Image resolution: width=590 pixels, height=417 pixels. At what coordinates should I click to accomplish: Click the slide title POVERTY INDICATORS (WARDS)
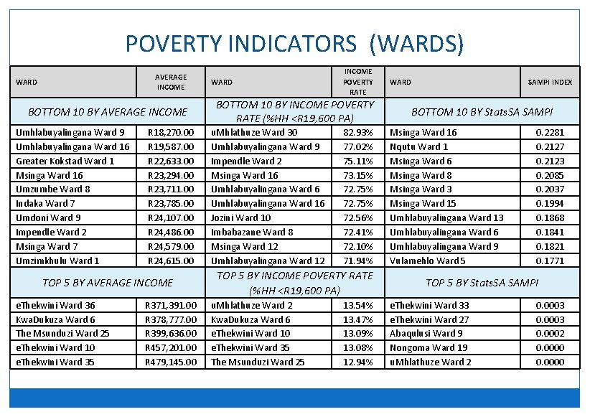click(294, 44)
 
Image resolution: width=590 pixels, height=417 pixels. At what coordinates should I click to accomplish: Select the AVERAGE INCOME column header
click(171, 82)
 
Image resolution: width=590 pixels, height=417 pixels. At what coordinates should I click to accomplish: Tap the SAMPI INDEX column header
click(550, 83)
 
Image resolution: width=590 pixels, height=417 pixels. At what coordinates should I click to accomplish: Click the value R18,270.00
click(171, 132)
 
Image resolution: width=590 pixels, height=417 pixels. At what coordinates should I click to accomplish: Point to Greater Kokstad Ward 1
click(65, 161)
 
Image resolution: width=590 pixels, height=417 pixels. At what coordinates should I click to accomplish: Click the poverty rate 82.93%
click(358, 132)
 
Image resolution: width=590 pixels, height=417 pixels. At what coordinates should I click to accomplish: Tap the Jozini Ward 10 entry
click(241, 217)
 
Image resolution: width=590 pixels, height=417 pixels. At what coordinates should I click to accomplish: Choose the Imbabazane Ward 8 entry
click(252, 232)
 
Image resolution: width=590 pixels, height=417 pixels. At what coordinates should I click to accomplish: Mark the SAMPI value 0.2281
click(550, 132)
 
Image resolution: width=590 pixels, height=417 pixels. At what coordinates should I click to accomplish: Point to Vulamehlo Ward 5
click(427, 261)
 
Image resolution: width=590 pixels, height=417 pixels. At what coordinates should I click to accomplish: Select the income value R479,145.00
click(171, 362)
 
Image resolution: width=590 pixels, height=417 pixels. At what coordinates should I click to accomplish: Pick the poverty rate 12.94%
click(358, 362)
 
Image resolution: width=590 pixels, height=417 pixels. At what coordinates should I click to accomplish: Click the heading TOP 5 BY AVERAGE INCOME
click(108, 283)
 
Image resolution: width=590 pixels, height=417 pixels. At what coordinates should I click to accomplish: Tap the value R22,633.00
click(171, 161)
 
